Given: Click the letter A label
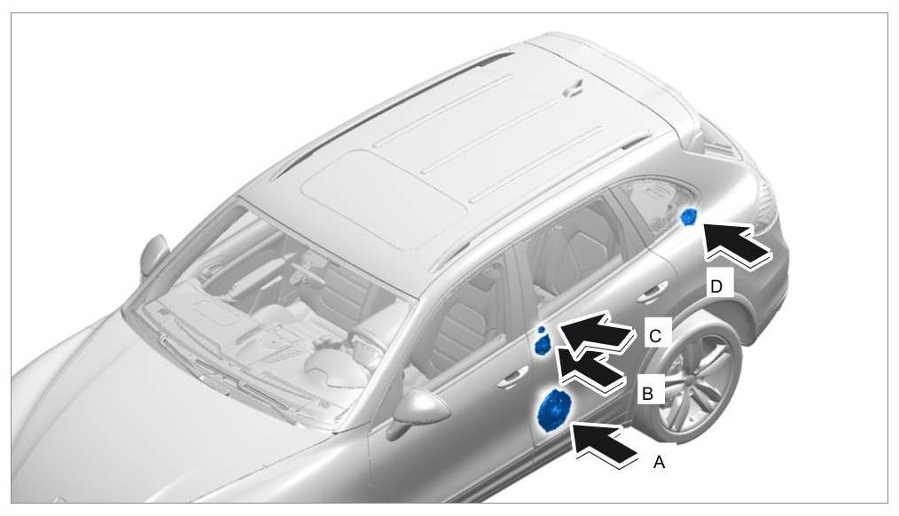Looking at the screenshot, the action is pyautogui.click(x=659, y=462).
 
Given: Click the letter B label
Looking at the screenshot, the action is pyautogui.click(x=647, y=394).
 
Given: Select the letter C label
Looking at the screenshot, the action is pyautogui.click(x=656, y=335).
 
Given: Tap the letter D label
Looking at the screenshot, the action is pyautogui.click(x=716, y=286).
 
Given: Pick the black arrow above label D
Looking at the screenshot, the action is pyautogui.click(x=736, y=244).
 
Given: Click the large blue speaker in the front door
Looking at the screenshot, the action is pyautogui.click(x=554, y=410).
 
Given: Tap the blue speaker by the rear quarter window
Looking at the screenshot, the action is pyautogui.click(x=689, y=216).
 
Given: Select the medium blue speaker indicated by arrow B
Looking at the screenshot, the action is pyautogui.click(x=542, y=346).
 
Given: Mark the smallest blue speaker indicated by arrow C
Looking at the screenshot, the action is pyautogui.click(x=541, y=330).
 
